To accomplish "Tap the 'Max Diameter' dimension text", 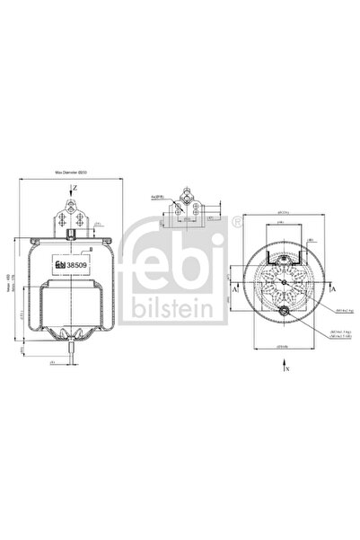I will (x=71, y=173).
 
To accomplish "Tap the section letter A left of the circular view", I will (x=234, y=289).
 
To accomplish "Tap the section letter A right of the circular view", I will (x=333, y=289).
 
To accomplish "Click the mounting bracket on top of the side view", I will (x=69, y=217).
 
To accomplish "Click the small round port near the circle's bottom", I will (x=285, y=312).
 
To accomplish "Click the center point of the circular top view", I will (x=285, y=284).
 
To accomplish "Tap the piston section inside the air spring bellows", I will (x=69, y=310).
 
